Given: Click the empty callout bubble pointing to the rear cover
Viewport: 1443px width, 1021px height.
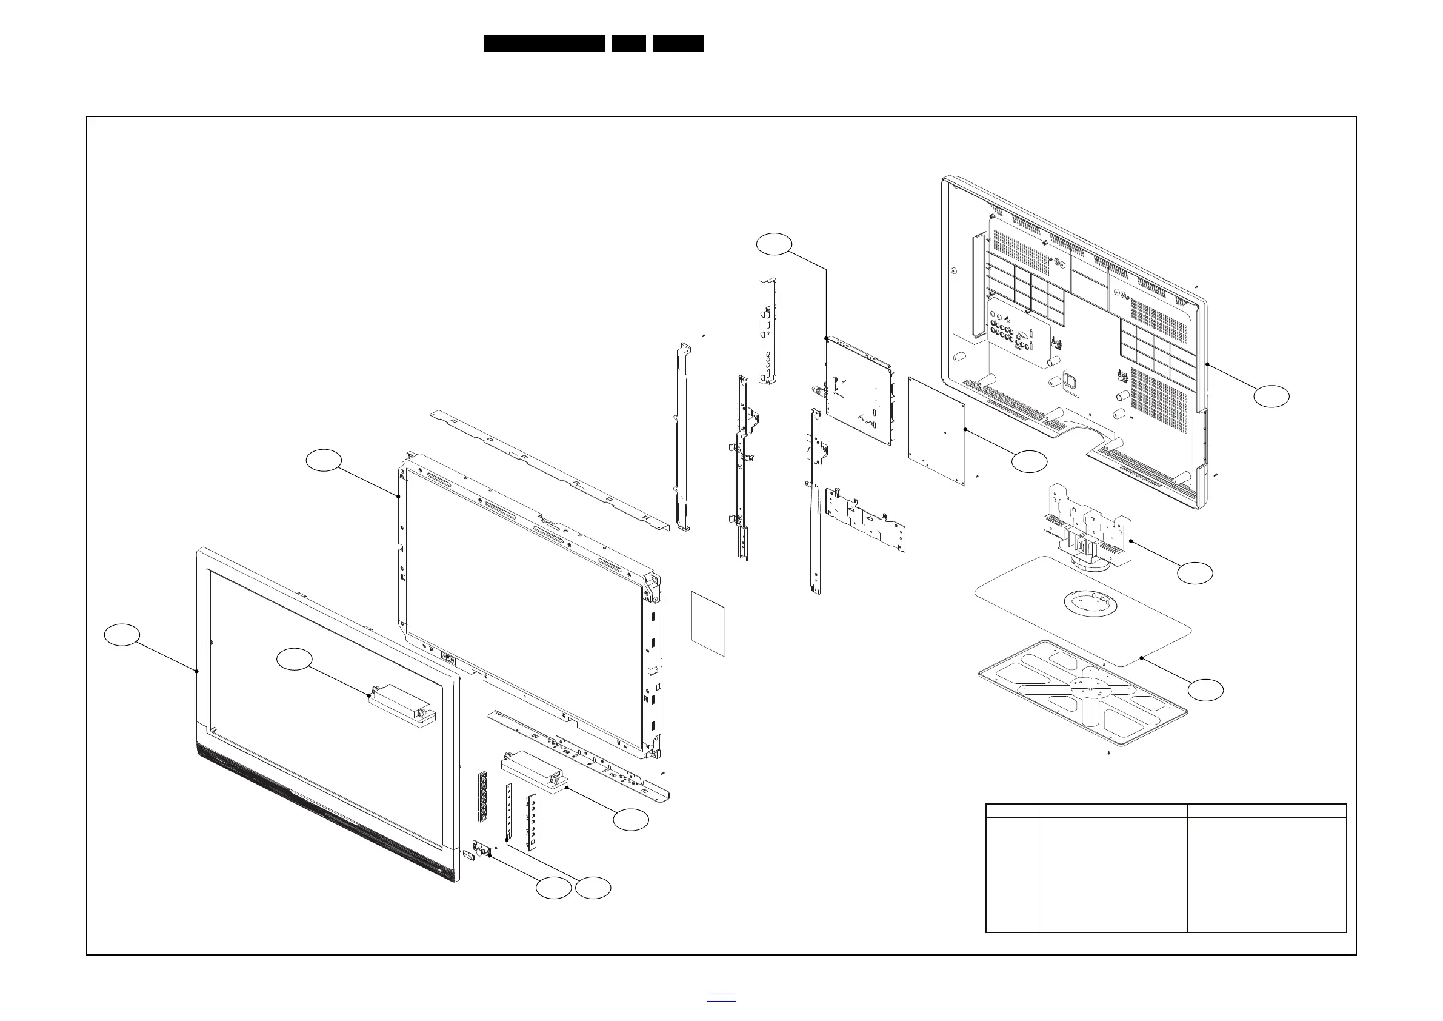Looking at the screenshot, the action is click(1271, 397).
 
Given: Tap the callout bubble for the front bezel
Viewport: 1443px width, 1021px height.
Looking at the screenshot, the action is click(121, 634).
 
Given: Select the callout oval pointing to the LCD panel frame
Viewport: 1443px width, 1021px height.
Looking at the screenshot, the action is click(324, 460).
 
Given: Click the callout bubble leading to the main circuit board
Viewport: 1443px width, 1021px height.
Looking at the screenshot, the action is click(774, 244).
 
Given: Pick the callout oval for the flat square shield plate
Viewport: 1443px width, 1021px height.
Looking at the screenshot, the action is click(1030, 462).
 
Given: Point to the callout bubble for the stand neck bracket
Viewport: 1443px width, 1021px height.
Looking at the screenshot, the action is click(1195, 573).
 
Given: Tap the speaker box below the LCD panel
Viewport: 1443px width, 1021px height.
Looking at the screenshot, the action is click(532, 772).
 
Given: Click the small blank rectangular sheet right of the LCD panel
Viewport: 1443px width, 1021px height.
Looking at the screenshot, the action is click(708, 624).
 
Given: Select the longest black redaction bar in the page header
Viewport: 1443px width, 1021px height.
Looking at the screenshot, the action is click(544, 43).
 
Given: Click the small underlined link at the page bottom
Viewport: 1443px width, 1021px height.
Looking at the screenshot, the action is click(721, 996).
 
